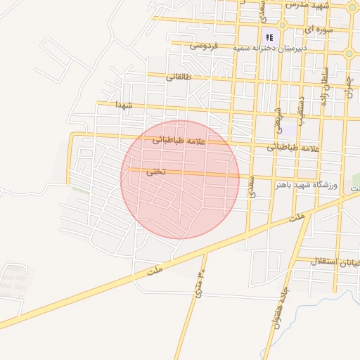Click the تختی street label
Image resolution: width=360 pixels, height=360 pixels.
click(156, 172)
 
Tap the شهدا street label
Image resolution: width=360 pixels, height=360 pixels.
click(119, 105)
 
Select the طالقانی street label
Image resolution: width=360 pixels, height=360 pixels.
click(178, 77)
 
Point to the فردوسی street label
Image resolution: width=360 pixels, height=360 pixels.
click(204, 46)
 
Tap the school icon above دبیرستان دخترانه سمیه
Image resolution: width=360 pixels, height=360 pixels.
click(269, 37)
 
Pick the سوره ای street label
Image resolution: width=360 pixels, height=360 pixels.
click(315, 31)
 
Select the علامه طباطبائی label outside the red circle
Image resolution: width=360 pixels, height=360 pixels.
click(292, 148)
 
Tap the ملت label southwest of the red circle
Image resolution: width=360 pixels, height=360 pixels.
click(155, 269)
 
